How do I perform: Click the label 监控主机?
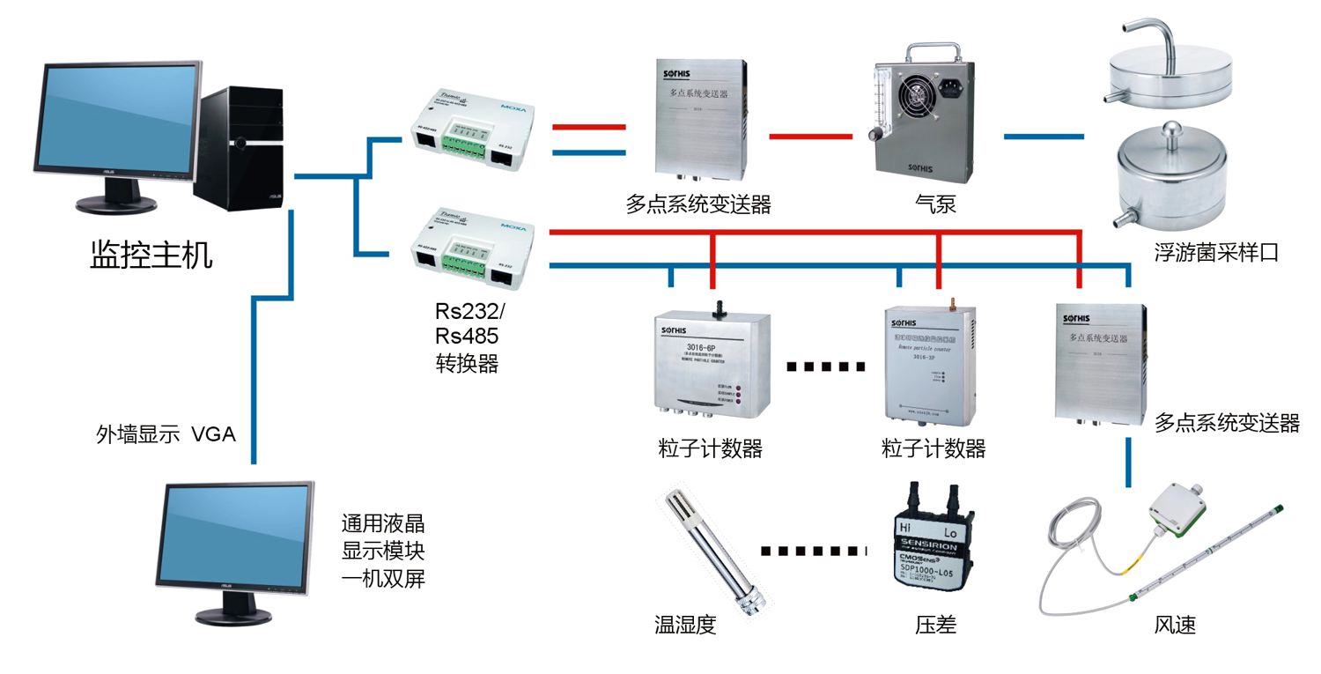pyautogui.click(x=151, y=256)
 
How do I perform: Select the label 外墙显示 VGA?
pyautogui.click(x=166, y=434)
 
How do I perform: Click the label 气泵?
pyautogui.click(x=935, y=204)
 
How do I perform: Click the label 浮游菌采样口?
pyautogui.click(x=1216, y=254)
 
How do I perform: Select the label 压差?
pyautogui.click(x=935, y=626)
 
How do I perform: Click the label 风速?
pyautogui.click(x=1175, y=626)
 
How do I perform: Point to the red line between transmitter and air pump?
pyautogui.click(x=810, y=137)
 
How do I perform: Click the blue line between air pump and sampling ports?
pyautogui.click(x=1044, y=137)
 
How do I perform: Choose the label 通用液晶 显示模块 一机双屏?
pyautogui.click(x=383, y=552)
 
